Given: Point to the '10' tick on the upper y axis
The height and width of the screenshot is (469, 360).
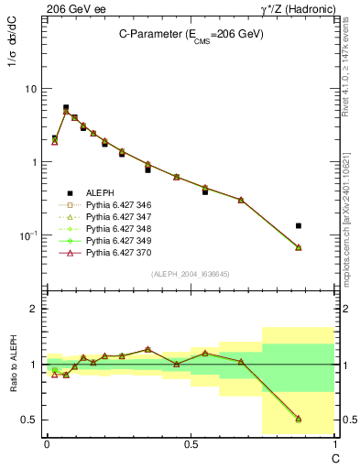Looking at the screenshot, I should [29, 89].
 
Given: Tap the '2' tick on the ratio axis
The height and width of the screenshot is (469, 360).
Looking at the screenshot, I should [34, 309].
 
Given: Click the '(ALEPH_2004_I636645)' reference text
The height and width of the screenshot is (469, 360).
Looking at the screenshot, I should [189, 274].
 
